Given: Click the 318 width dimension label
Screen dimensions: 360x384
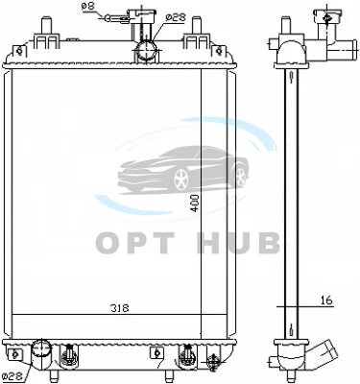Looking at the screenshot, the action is tap(120, 308).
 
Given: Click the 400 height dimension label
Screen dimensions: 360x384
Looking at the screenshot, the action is tap(195, 204).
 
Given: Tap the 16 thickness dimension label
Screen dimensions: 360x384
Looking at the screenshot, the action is tap(326, 300).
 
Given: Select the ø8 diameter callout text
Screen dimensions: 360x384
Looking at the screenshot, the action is tap(87, 7).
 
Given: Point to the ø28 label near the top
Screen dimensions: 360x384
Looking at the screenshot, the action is tap(176, 17).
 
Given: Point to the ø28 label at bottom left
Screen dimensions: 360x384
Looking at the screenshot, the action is tap(12, 376).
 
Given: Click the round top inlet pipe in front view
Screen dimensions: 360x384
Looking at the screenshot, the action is tap(147, 51).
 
